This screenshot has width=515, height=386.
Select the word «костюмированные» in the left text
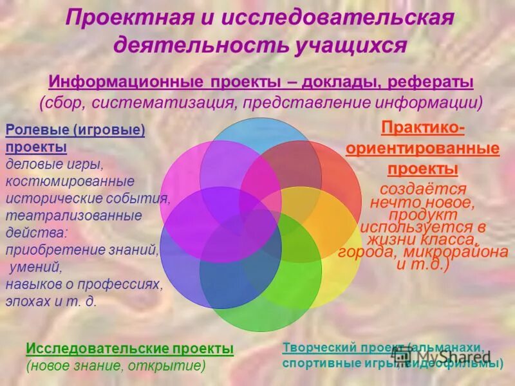click(70, 181)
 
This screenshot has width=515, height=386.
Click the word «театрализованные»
click(73, 216)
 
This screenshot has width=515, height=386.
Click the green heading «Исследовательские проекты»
click(129, 349)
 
